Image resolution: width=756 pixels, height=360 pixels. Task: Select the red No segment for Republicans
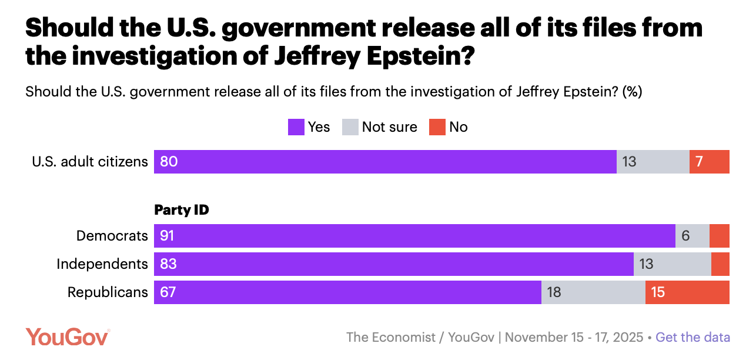pyautogui.click(x=687, y=292)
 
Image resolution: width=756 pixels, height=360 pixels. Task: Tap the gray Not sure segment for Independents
pyautogui.click(x=672, y=264)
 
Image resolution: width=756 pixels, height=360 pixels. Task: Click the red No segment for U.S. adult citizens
pyautogui.click(x=709, y=162)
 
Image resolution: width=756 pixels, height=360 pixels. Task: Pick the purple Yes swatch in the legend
pyautogui.click(x=296, y=127)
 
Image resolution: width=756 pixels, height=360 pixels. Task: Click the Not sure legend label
pyautogui.click(x=389, y=127)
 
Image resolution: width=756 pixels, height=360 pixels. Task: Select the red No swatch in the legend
pyautogui.click(x=437, y=127)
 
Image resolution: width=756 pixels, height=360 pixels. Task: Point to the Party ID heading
pyautogui.click(x=181, y=210)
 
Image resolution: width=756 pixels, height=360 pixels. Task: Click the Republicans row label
pyautogui.click(x=108, y=292)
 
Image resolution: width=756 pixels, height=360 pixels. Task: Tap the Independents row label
pyautogui.click(x=102, y=264)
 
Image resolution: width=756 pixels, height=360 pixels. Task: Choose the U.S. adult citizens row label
pyautogui.click(x=90, y=162)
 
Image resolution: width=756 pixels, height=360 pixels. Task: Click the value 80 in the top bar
pyautogui.click(x=169, y=162)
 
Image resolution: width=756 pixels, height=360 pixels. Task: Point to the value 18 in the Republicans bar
pyautogui.click(x=554, y=292)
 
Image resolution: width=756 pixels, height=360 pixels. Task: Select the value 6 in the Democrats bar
pyautogui.click(x=685, y=236)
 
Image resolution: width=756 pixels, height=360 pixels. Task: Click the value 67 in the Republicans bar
pyautogui.click(x=168, y=292)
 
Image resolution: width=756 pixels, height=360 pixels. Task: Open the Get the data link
pyautogui.click(x=693, y=337)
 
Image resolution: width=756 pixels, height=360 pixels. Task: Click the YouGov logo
pyautogui.click(x=67, y=337)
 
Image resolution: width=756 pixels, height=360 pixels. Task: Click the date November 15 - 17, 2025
pyautogui.click(x=574, y=337)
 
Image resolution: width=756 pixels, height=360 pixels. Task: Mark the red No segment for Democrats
pyautogui.click(x=719, y=236)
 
